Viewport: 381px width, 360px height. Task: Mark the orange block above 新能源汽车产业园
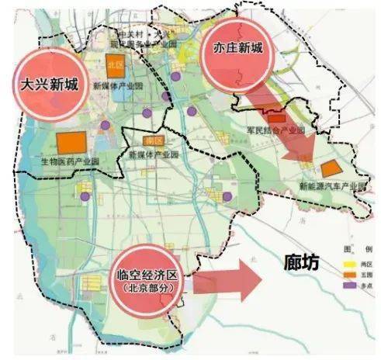click(x=332, y=168)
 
